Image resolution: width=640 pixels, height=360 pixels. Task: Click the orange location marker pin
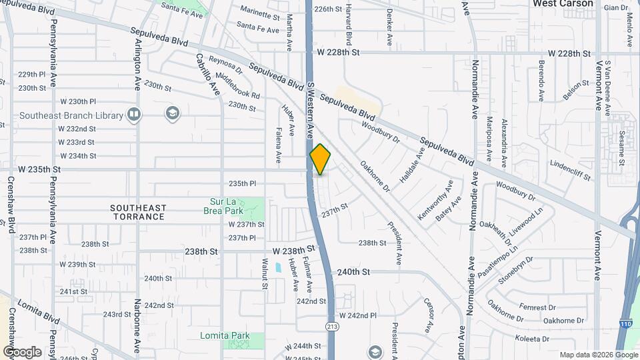[321, 159]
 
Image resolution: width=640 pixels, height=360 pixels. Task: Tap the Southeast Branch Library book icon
[134, 115]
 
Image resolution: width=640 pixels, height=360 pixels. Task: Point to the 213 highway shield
[331, 326]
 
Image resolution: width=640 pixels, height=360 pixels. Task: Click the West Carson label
[563, 4]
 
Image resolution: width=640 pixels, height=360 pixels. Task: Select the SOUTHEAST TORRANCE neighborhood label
[139, 213]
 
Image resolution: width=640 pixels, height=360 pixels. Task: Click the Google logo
[22, 352]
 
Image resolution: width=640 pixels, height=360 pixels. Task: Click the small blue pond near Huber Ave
[277, 268]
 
